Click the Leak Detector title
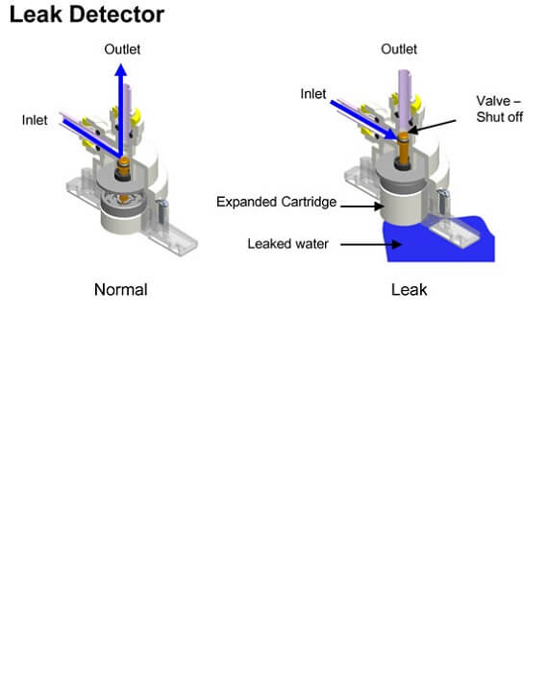[x=87, y=14]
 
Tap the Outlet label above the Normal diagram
[x=122, y=49]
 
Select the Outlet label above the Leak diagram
[x=399, y=49]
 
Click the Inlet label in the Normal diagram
[x=35, y=120]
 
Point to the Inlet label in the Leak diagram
[x=313, y=94]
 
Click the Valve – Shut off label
[x=499, y=109]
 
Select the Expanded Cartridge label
[x=276, y=202]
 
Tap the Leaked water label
[x=287, y=244]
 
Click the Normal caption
[x=121, y=290]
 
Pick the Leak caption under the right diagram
[x=409, y=290]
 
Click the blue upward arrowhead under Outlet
[x=121, y=70]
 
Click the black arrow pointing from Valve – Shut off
[x=432, y=126]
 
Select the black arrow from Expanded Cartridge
[x=361, y=206]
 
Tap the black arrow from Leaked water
[x=371, y=245]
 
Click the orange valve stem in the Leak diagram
[x=404, y=149]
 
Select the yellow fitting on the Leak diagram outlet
[x=416, y=103]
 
